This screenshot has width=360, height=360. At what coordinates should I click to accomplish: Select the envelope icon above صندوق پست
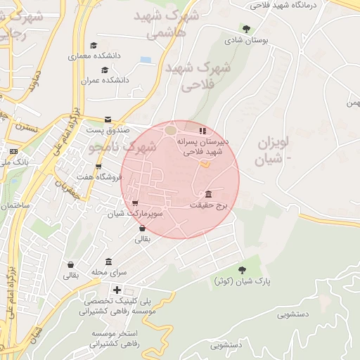(108, 120)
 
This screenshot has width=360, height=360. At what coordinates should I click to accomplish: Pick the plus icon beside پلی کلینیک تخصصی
(117, 290)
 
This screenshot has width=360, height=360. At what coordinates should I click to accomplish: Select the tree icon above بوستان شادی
(246, 29)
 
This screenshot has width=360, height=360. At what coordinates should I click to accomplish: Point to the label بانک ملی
(15, 161)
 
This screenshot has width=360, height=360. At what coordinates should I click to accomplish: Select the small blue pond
(146, 60)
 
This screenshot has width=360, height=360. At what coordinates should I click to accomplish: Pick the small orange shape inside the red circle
(205, 165)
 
